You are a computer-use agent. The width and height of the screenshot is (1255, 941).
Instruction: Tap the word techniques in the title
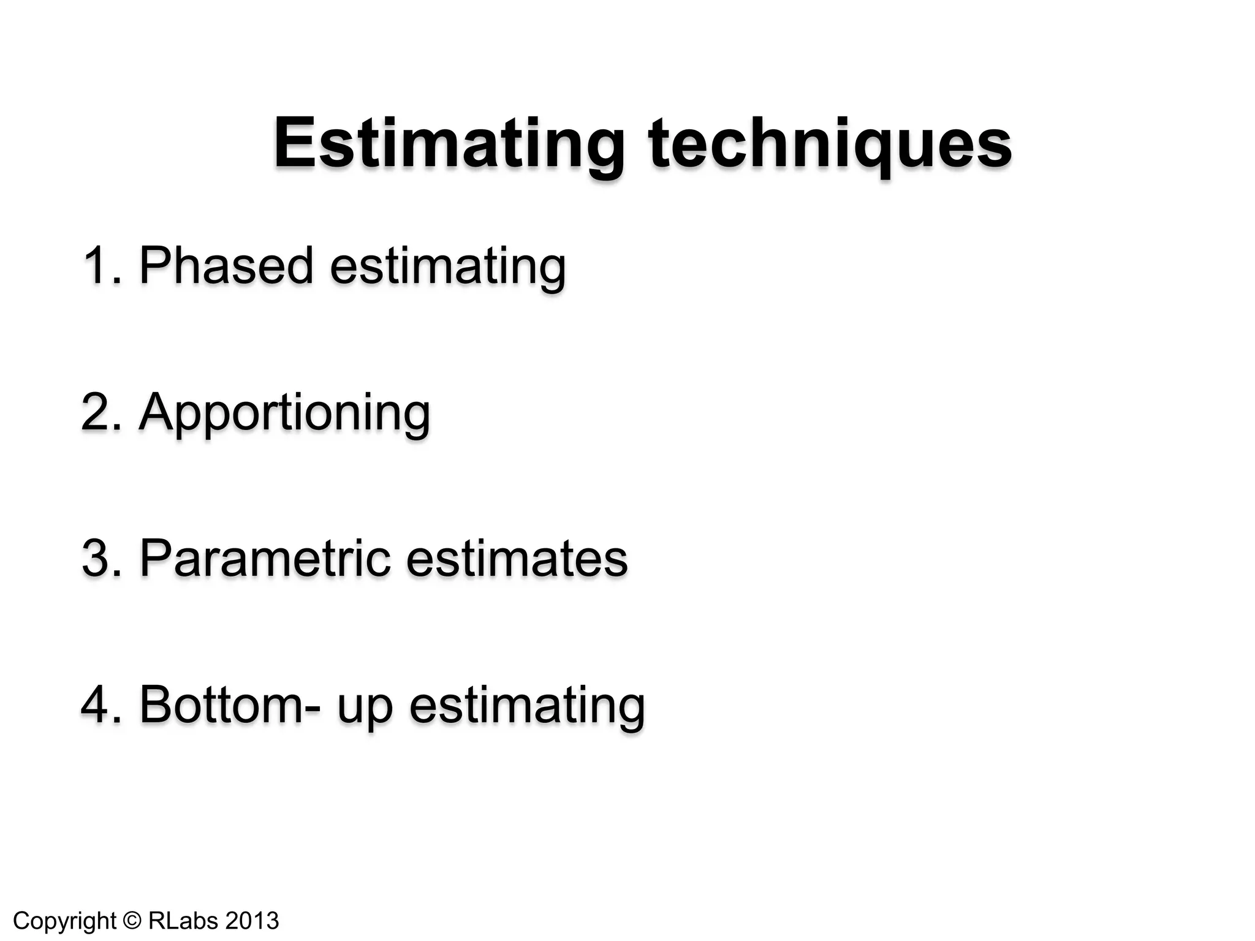[830, 145]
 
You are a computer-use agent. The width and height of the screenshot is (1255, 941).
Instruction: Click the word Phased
[226, 265]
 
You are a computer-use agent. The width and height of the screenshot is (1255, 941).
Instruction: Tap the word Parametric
[265, 558]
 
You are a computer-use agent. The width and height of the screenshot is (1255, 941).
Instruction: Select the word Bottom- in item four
[230, 705]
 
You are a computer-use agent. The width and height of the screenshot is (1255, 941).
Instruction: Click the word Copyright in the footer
[64, 921]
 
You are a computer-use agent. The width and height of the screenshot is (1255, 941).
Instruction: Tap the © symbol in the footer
[132, 920]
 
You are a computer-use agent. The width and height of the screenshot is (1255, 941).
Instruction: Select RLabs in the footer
[183, 920]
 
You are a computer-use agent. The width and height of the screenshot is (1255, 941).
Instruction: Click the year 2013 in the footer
[252, 920]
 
